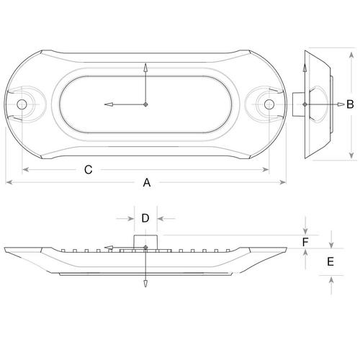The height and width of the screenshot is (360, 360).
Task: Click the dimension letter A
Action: tap(147, 182)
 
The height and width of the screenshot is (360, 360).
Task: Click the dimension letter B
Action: tap(350, 104)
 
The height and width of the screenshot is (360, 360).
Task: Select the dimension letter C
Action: tap(89, 170)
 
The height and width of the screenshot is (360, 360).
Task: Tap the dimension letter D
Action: tap(145, 218)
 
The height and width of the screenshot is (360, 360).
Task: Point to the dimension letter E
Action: tap(330, 261)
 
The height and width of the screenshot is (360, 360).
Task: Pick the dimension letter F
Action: tap(305, 242)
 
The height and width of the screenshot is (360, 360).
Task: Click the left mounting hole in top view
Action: tap(22, 104)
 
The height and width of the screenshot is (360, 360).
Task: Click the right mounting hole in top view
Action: tap(269, 104)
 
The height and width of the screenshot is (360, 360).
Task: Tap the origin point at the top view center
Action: tap(145, 104)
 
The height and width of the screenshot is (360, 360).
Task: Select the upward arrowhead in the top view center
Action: tap(145, 68)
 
